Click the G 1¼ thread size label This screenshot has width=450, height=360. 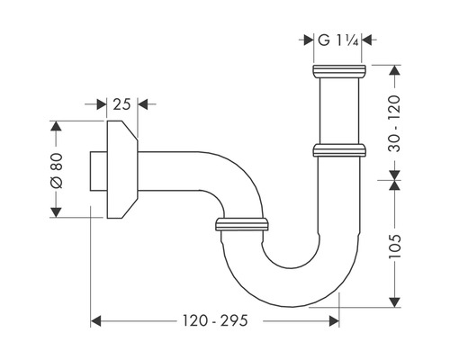click(x=337, y=40)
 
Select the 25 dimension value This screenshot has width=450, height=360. click(x=121, y=104)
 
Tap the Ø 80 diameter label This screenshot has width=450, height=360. click(x=57, y=171)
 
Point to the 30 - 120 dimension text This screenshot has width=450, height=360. click(x=394, y=123)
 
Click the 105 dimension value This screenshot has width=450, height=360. click(x=394, y=247)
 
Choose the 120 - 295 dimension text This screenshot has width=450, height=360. click(x=215, y=320)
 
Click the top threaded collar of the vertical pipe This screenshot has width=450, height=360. click(x=339, y=71)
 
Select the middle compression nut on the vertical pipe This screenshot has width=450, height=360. click(x=339, y=150)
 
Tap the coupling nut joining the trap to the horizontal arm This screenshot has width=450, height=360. click(x=242, y=224)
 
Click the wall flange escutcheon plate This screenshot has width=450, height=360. click(x=122, y=169)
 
